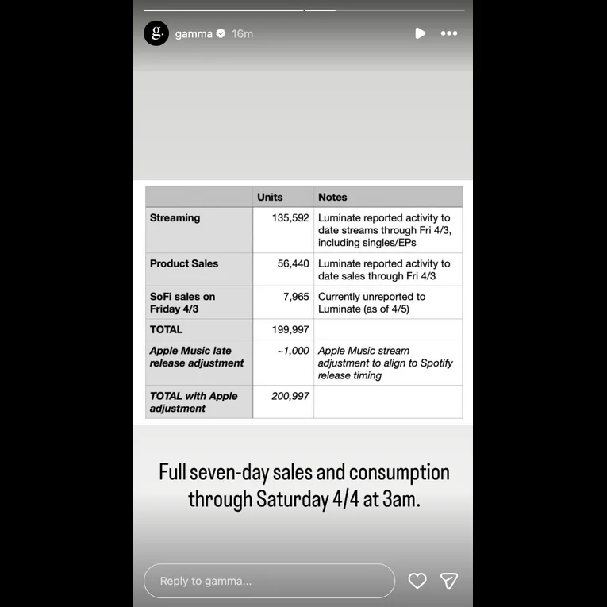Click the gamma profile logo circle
point(156,33)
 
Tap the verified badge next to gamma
point(221,33)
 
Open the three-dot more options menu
point(449,33)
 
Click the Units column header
point(270,197)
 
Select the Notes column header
point(332,197)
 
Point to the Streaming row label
point(175,217)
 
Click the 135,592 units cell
point(290,217)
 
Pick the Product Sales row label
point(184,263)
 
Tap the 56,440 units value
point(294,263)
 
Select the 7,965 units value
point(296,297)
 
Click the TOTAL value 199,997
point(290,329)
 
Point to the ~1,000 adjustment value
point(293,351)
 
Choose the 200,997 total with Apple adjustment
point(290,396)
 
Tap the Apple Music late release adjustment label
point(197,356)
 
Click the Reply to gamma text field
point(269,581)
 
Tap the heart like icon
point(417,581)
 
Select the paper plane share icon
point(449,581)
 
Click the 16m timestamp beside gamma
point(242,33)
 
